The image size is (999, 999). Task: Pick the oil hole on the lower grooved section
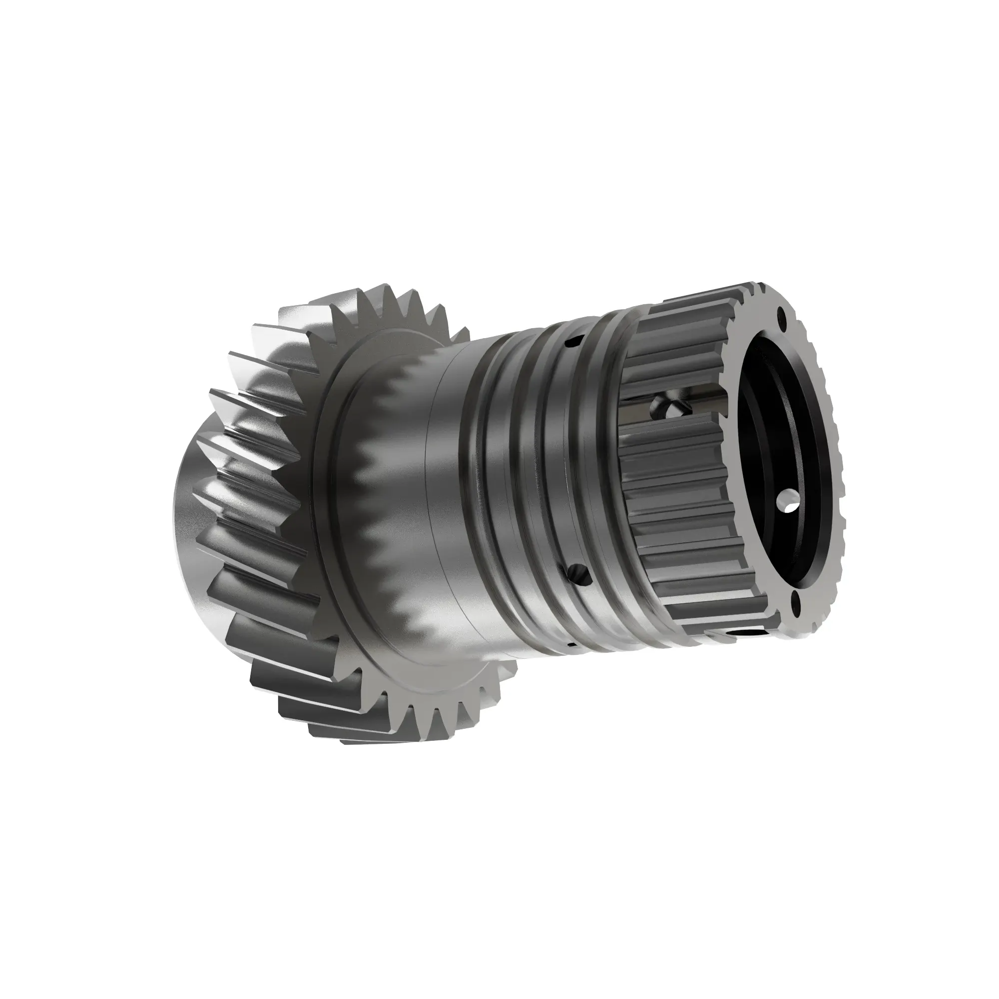pos(578,572)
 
